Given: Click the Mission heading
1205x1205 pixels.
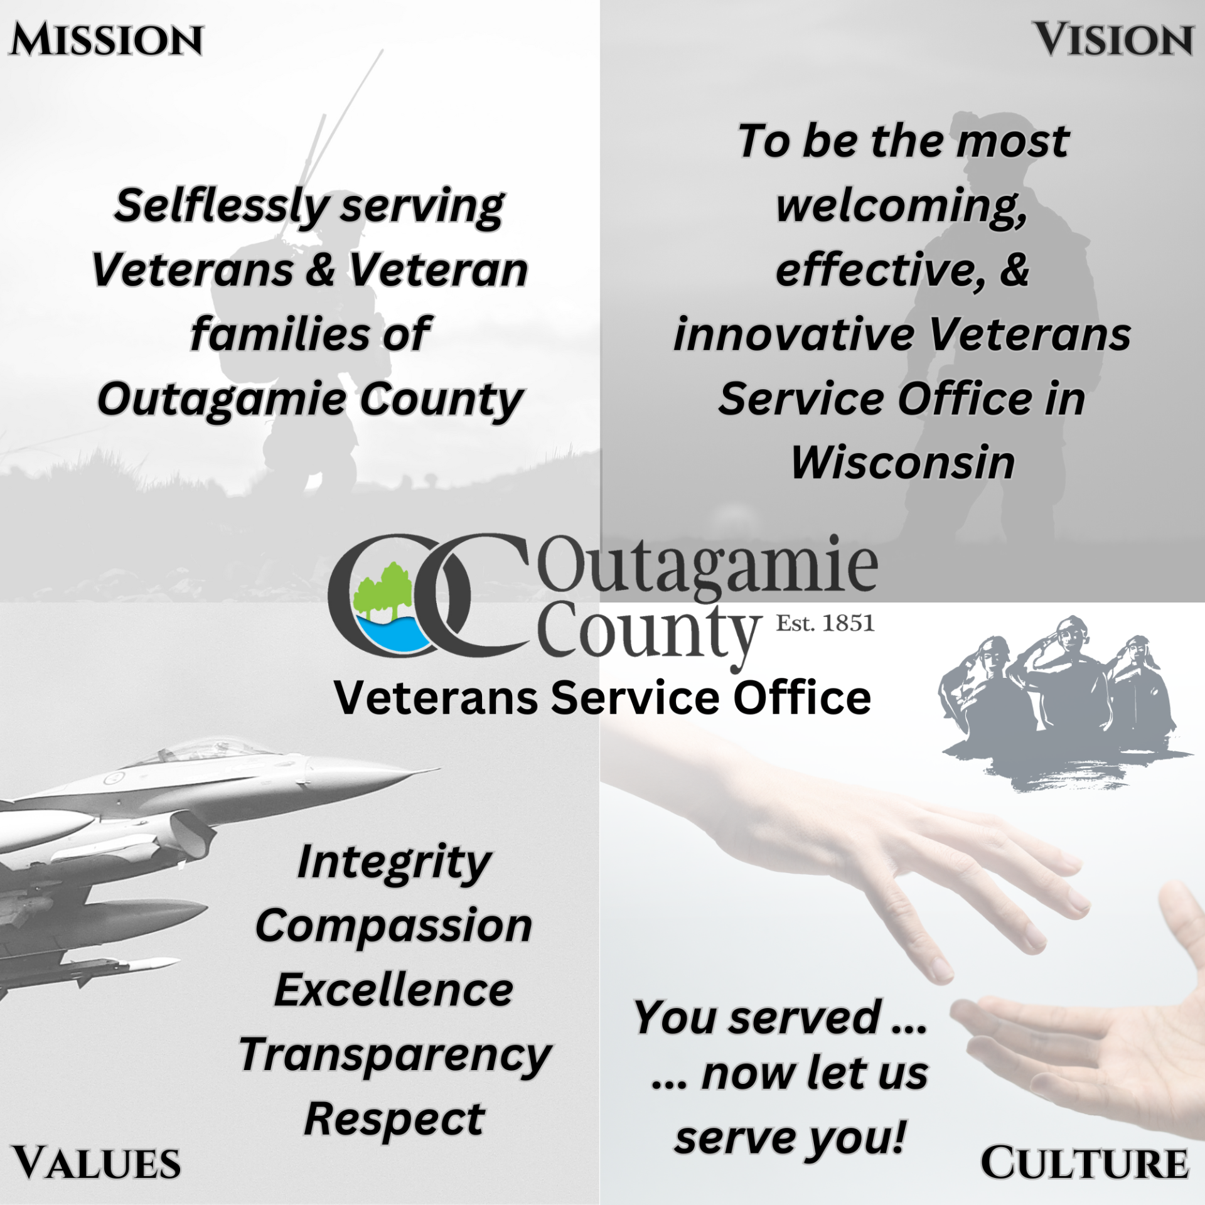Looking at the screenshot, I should click(106, 40).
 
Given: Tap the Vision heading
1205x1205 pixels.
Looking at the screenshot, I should click(1113, 40).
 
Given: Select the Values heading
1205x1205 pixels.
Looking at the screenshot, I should click(97, 1163).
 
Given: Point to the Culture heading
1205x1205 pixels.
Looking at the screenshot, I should click(1084, 1163).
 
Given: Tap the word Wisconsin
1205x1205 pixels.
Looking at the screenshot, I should click(902, 463).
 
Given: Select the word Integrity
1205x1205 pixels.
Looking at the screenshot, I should click(394, 862).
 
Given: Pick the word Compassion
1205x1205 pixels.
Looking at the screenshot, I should click(394, 926).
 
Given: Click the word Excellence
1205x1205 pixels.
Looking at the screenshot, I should click(394, 990).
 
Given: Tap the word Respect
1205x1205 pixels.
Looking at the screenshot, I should click(394, 1120).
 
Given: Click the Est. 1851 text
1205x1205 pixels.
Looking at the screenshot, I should click(825, 623).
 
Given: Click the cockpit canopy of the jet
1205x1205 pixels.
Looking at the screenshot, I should click(207, 753).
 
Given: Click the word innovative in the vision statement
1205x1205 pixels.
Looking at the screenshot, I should click(795, 335).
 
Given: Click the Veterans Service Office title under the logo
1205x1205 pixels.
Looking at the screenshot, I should click(602, 698).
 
